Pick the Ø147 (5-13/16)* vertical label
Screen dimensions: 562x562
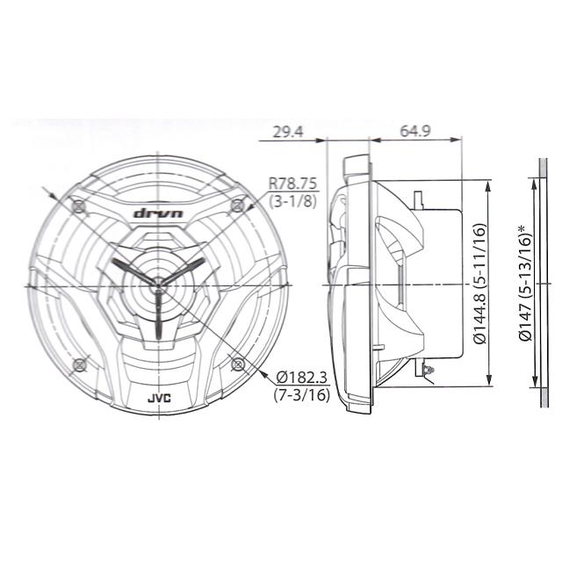[524, 283]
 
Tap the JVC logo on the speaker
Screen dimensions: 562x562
[158, 400]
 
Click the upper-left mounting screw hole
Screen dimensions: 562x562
[79, 205]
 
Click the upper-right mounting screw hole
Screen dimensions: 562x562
[236, 205]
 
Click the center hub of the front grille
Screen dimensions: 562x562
[157, 282]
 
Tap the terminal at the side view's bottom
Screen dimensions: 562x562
[429, 371]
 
